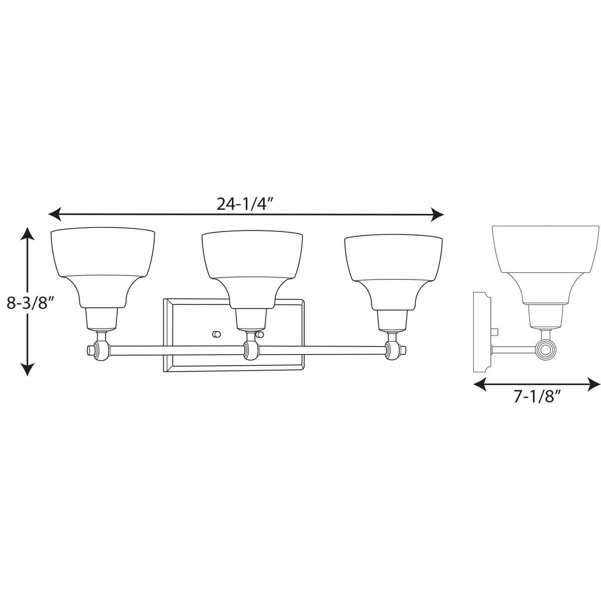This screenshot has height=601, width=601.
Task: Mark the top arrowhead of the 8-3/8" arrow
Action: pyautogui.click(x=28, y=233)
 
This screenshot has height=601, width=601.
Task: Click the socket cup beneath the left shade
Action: pyautogui.click(x=103, y=319)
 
